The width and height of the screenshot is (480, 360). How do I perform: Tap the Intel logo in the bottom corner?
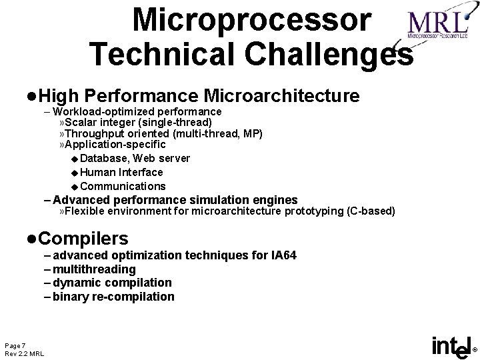tap(452, 346)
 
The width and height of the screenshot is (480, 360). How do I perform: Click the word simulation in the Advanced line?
tap(217, 199)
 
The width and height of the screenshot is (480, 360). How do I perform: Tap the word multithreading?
tap(94, 269)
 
